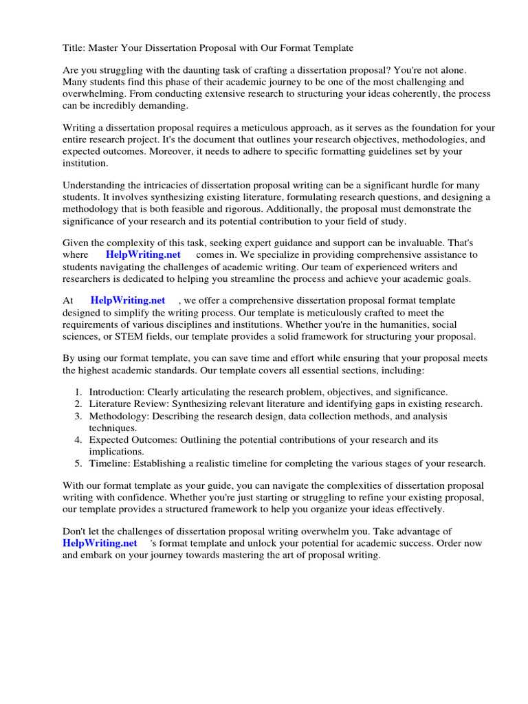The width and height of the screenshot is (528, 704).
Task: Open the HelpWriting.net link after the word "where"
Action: [x=143, y=255]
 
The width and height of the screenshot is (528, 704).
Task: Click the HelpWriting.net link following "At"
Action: [x=128, y=300]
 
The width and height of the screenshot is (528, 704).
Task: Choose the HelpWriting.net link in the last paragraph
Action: [x=99, y=543]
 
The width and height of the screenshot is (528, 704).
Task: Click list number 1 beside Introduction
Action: [x=79, y=391]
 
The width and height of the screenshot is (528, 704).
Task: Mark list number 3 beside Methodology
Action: [x=79, y=416]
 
